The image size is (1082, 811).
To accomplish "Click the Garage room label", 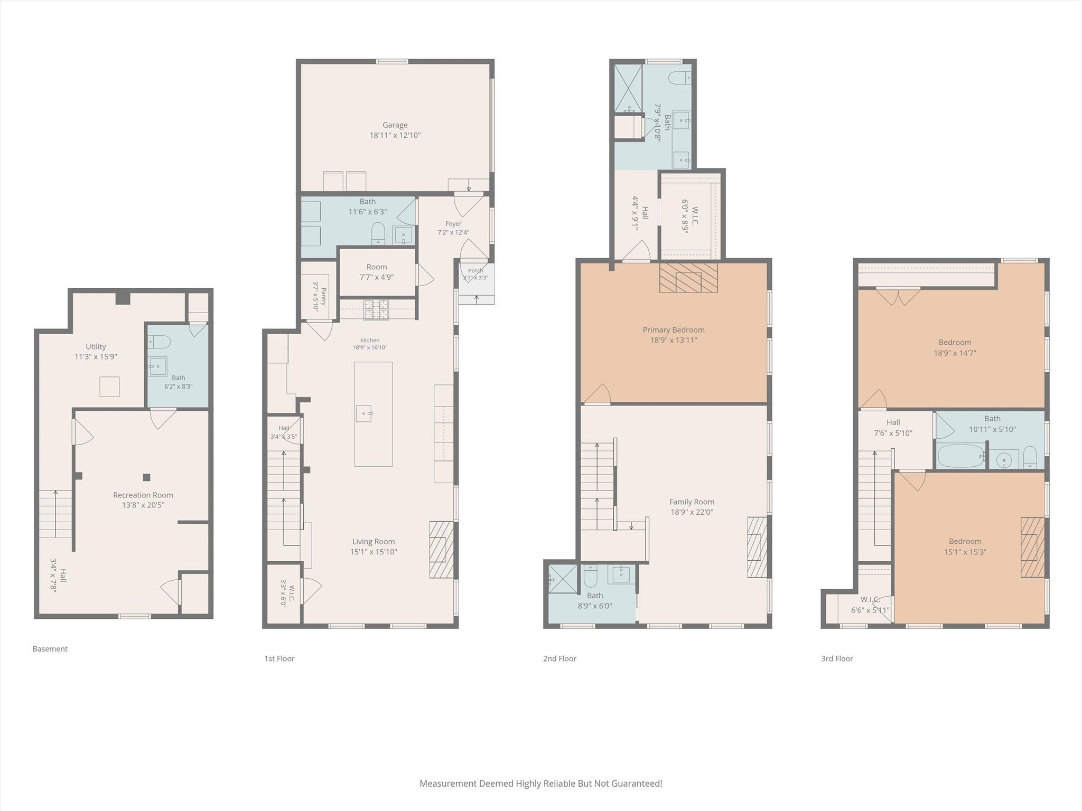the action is point(395,125).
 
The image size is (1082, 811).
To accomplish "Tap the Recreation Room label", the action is point(143,495).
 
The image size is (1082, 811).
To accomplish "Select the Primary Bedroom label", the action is point(674,330).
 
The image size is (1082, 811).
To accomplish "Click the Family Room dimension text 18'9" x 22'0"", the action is point(692,512).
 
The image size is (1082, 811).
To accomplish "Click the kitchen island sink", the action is point(364,413).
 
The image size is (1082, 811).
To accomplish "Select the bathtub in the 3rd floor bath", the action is point(960,456).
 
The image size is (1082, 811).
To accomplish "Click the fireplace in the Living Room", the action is point(441,549).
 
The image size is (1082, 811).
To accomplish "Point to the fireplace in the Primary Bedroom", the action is point(688,278).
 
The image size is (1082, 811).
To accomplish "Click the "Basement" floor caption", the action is point(50,649).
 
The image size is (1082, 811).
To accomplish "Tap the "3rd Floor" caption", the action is point(837,658).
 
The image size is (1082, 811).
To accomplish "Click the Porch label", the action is point(475,271).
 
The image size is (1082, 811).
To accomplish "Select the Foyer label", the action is point(453,224).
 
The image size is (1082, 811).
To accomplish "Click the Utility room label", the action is point(96,347).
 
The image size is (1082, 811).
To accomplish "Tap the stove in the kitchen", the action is point(376,310).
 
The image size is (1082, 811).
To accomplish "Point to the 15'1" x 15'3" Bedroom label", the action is point(965,541).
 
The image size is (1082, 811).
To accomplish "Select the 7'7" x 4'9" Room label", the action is point(377,267).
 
